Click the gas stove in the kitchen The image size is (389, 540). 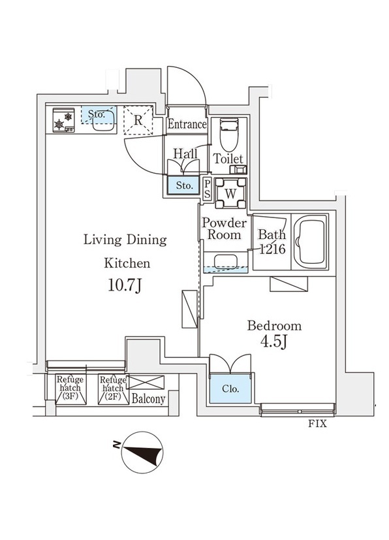click(64, 120)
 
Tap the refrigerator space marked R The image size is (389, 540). click(138, 120)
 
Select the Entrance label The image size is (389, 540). click(187, 124)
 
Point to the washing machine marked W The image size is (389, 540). click(230, 193)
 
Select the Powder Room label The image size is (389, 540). click(224, 229)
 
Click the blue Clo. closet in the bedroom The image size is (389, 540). click(230, 389)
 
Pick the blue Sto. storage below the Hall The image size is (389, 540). click(184, 185)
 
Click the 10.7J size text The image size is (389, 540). click(125, 285)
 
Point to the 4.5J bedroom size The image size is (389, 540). click(274, 342)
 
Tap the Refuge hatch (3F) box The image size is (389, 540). click(70, 389)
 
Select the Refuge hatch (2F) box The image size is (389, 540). click(113, 389)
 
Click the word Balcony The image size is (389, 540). click(148, 399)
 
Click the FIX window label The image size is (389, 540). click(317, 424)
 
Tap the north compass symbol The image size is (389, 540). click(142, 453)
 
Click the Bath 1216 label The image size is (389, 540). click(272, 242)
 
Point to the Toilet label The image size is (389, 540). click(228, 159)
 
